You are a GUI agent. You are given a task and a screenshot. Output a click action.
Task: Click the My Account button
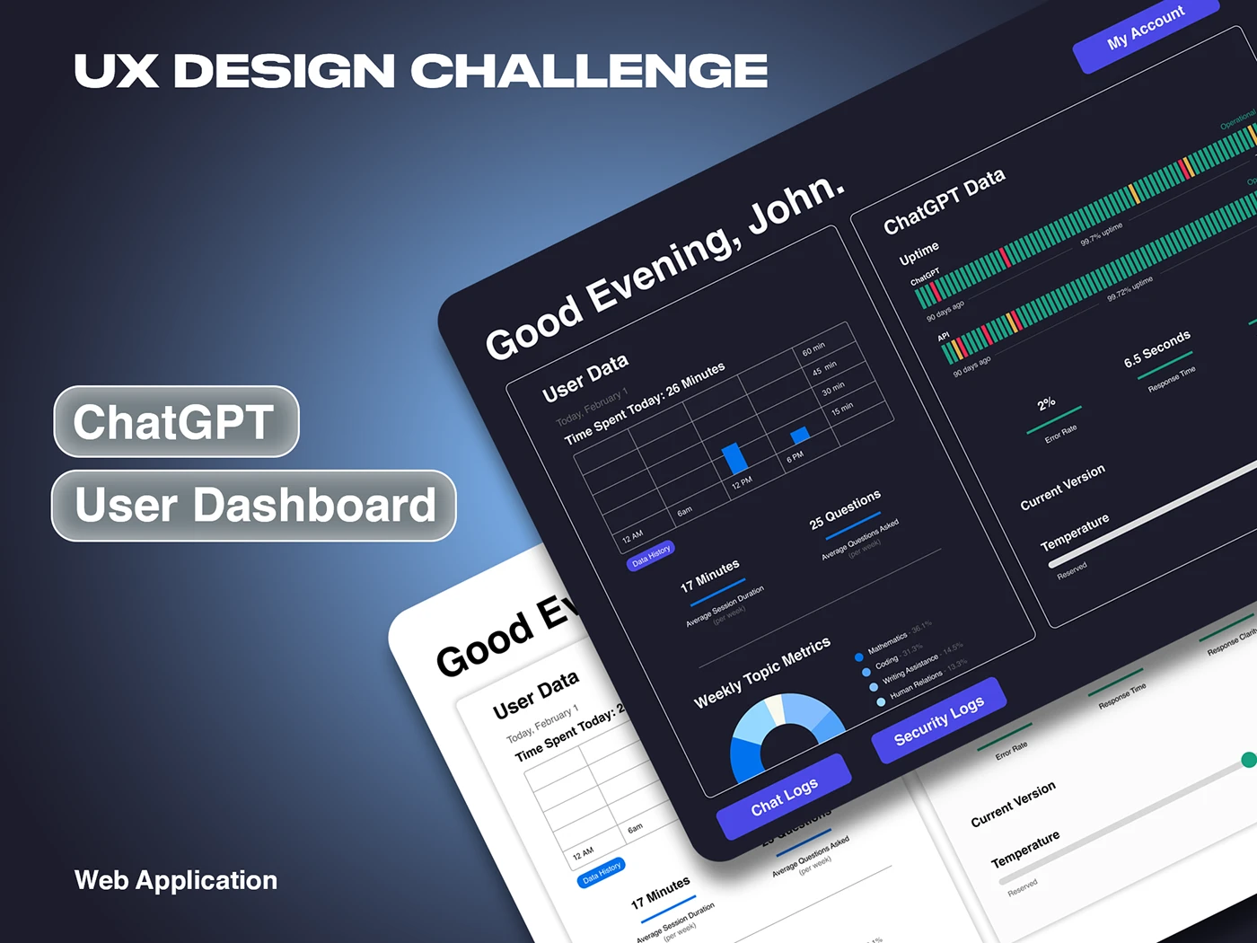click(1145, 28)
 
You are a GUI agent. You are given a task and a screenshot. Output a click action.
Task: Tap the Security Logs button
click(938, 721)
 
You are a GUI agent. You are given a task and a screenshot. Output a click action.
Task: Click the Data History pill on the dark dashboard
click(651, 556)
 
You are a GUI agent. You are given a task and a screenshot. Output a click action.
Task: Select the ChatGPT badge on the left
click(176, 422)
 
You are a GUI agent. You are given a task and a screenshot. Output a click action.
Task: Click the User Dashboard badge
click(254, 506)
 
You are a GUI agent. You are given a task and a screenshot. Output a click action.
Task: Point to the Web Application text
click(176, 880)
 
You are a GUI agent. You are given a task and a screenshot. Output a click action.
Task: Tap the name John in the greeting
click(796, 203)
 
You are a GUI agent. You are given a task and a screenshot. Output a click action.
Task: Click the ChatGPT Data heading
click(944, 201)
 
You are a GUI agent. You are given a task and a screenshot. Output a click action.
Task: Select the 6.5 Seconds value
click(1156, 348)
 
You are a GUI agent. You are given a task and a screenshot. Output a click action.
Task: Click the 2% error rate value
click(1046, 404)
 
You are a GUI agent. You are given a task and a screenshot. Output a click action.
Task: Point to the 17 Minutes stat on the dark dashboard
click(709, 576)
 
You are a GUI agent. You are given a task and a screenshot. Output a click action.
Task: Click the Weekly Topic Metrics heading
click(761, 674)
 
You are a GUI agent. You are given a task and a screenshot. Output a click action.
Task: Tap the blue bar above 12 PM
click(734, 458)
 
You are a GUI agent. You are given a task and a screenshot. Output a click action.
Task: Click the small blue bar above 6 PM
click(799, 436)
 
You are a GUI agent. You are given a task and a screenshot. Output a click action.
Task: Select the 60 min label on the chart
click(813, 348)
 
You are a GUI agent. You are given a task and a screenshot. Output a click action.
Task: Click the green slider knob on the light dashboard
click(1248, 760)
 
